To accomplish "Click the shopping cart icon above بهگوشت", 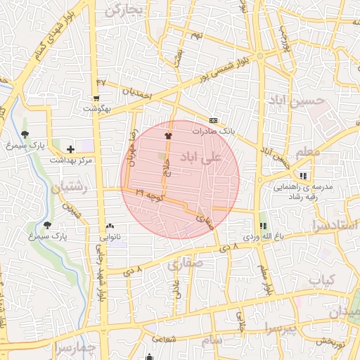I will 96,98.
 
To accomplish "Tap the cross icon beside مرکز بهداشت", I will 70,148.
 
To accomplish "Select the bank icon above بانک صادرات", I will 214,120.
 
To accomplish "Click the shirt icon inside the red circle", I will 168,135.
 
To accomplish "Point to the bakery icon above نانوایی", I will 110,226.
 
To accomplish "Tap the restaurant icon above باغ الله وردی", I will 263,226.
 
